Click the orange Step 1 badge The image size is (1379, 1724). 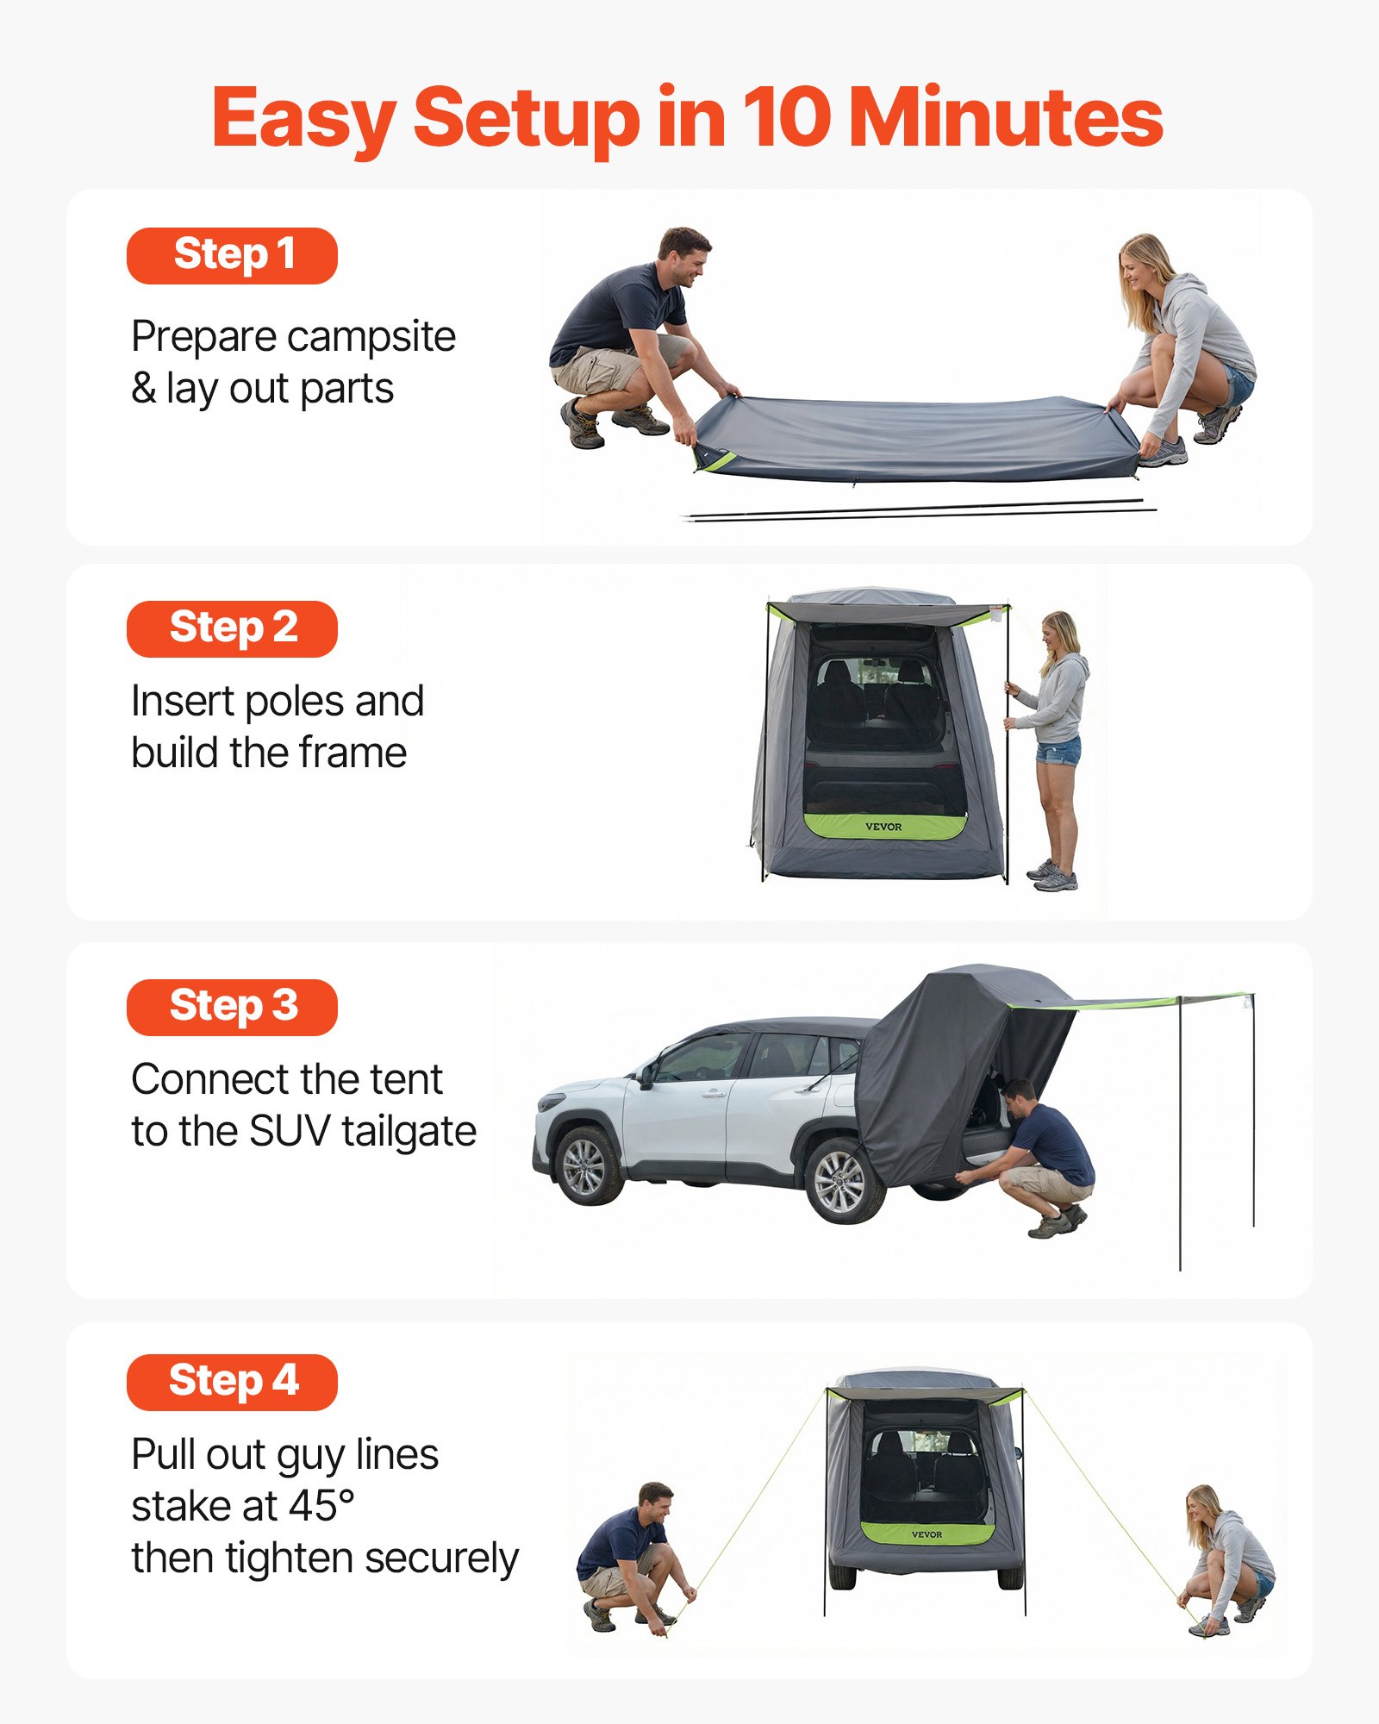(232, 255)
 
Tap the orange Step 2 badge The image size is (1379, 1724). (232, 628)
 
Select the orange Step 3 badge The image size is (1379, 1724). (232, 1007)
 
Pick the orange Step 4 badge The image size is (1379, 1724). (232, 1381)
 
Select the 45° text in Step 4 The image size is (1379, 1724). (321, 1506)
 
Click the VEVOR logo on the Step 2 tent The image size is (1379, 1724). (883, 827)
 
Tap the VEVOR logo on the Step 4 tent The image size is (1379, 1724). (927, 1534)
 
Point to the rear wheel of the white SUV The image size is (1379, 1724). (840, 1181)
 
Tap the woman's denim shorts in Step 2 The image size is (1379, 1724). (1058, 751)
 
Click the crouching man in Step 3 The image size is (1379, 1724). (1039, 1155)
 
